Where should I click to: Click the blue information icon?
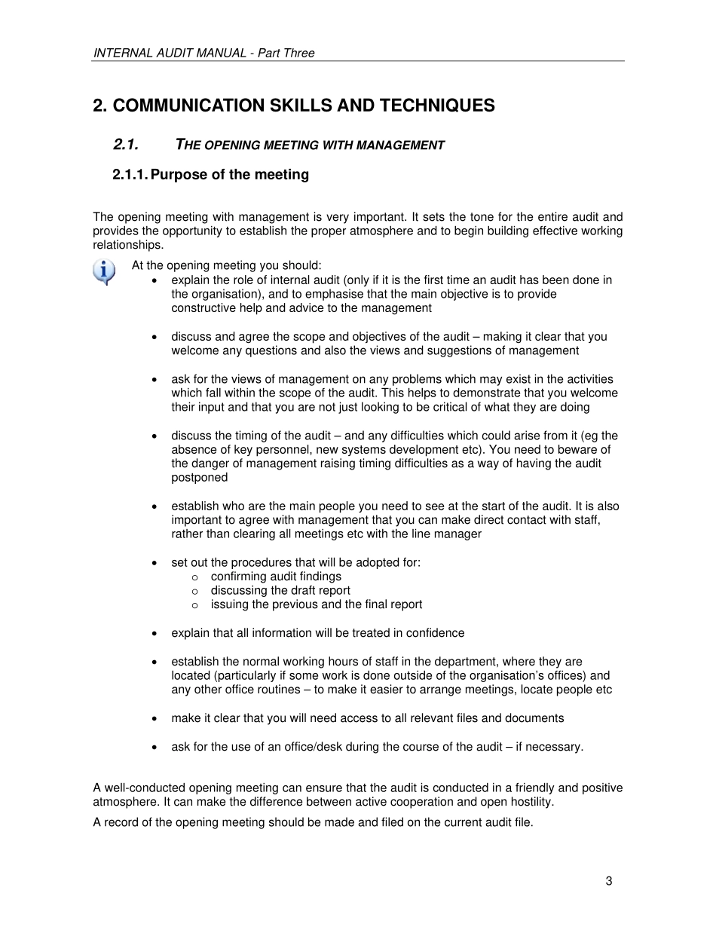(x=105, y=271)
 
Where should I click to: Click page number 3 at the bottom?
(x=608, y=881)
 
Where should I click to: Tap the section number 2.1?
(x=125, y=145)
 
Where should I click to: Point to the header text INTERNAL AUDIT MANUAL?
(x=170, y=53)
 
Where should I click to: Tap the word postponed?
(x=199, y=477)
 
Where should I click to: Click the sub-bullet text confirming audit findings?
(x=276, y=577)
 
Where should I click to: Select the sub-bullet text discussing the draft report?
(x=280, y=590)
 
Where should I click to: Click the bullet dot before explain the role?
(x=155, y=280)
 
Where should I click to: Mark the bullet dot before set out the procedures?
(x=155, y=563)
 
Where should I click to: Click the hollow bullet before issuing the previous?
(x=194, y=605)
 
